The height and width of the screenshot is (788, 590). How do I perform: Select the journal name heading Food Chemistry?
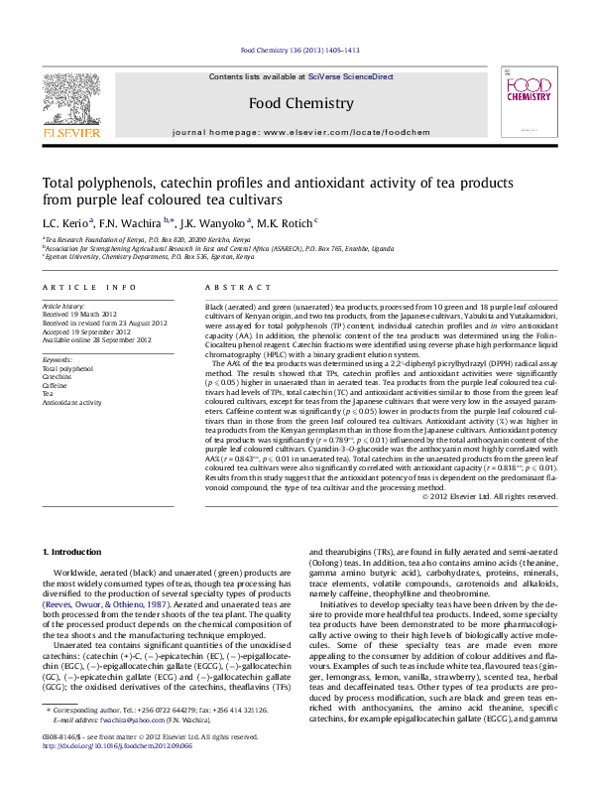[299, 103]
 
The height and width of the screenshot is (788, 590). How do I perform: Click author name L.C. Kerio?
[65, 223]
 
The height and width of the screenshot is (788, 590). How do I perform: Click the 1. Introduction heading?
[75, 551]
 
